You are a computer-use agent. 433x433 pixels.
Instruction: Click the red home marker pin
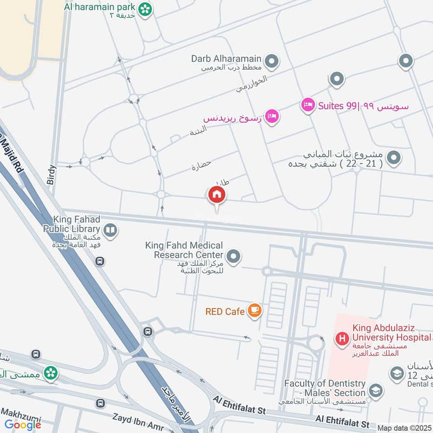pyautogui.click(x=216, y=195)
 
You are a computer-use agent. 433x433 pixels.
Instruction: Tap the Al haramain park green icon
pyautogui.click(x=145, y=9)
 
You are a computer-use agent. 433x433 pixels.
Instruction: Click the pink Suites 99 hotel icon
pyautogui.click(x=308, y=106)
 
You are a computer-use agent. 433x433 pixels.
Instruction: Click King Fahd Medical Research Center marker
pyautogui.click(x=233, y=256)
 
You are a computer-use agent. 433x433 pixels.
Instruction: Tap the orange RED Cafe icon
pyautogui.click(x=254, y=310)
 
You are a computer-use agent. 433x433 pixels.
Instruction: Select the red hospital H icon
pyautogui.click(x=342, y=339)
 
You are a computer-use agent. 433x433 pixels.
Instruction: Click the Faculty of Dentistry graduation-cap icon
pyautogui.click(x=375, y=391)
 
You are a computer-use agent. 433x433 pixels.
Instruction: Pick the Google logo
pyautogui.click(x=23, y=425)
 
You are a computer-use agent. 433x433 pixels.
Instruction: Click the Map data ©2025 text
pyautogui.click(x=404, y=428)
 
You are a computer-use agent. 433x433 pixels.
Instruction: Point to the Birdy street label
pyautogui.click(x=51, y=175)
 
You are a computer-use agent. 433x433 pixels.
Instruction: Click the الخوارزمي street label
pyautogui.click(x=252, y=84)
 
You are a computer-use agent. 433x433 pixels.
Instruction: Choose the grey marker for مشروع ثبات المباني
pyautogui.click(x=395, y=158)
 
